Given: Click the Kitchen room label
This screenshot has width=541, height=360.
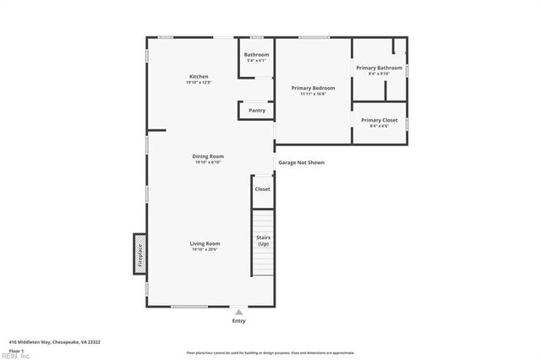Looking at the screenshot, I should [199, 76].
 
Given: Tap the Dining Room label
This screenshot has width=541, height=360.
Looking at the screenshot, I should [207, 155].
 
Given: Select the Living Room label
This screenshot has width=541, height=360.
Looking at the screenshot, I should [205, 243].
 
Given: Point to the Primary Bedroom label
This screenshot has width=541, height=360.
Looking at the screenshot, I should [313, 88].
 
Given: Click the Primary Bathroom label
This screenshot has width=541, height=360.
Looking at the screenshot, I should [379, 68].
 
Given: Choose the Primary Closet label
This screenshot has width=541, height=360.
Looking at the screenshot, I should [379, 120].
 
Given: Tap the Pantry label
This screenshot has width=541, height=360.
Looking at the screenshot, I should [257, 110].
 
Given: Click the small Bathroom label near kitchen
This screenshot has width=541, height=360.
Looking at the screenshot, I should [257, 55].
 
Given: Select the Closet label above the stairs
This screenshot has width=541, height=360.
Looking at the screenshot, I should [262, 189].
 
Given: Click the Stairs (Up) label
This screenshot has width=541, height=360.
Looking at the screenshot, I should [263, 240].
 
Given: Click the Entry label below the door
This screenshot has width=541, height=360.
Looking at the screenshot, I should [239, 321].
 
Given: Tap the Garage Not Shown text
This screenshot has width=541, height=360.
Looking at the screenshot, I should [301, 162].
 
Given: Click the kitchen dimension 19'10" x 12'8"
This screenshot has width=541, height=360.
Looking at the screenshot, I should [199, 82].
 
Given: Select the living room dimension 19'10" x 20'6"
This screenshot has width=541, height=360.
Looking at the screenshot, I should [205, 249].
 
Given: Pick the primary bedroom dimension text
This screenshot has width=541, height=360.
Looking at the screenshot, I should [313, 94].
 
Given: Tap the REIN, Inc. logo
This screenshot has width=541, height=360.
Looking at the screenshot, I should [14, 356].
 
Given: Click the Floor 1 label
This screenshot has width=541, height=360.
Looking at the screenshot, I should [16, 350].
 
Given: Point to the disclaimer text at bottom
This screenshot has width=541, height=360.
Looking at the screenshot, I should [270, 352].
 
